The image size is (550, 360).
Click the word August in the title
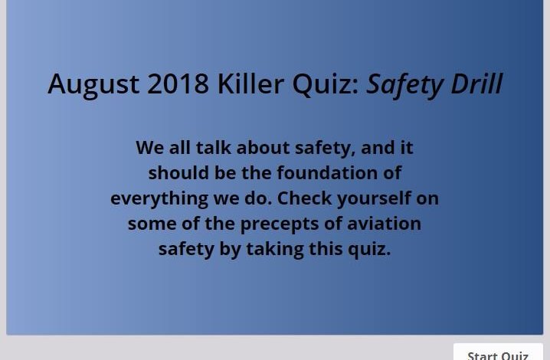(93, 84)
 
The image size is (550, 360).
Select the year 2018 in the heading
(178, 83)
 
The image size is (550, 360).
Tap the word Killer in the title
(250, 83)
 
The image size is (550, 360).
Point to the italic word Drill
(476, 83)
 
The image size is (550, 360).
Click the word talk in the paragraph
(213, 147)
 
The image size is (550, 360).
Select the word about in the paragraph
(263, 147)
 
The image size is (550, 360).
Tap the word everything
(159, 199)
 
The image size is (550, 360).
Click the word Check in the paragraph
(304, 198)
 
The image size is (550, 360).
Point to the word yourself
(374, 199)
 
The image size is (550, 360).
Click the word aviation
(384, 223)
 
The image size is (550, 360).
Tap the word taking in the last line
(275, 250)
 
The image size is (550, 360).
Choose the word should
(178, 172)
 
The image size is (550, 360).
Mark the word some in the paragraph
(152, 224)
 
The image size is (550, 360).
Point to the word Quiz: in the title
(326, 84)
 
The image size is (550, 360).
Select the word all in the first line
(179, 147)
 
